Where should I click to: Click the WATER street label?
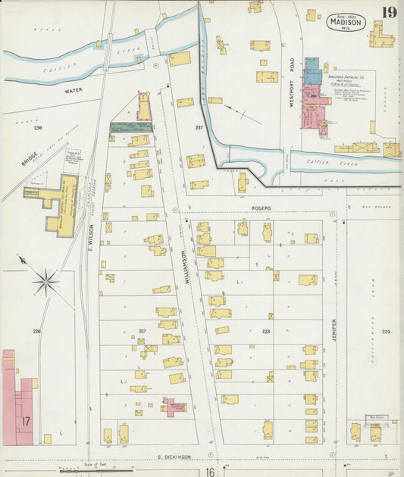point(73,90)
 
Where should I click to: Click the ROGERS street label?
point(261,206)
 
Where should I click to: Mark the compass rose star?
point(45,282)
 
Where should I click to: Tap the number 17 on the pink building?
point(25,419)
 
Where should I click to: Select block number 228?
point(265,332)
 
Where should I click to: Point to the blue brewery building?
point(312,71)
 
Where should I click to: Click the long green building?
point(130,127)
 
